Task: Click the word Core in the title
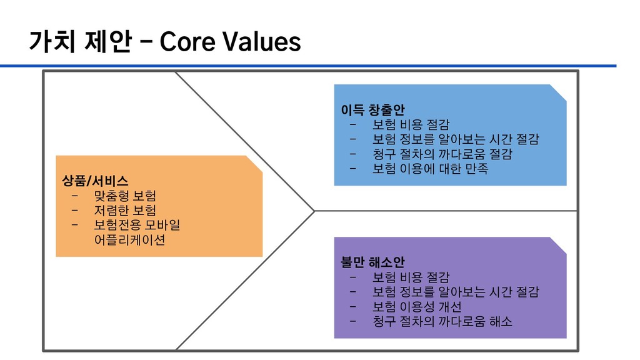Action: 186,42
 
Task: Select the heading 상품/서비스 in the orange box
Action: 95,181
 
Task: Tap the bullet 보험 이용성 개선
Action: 417,307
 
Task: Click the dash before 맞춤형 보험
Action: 75,196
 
